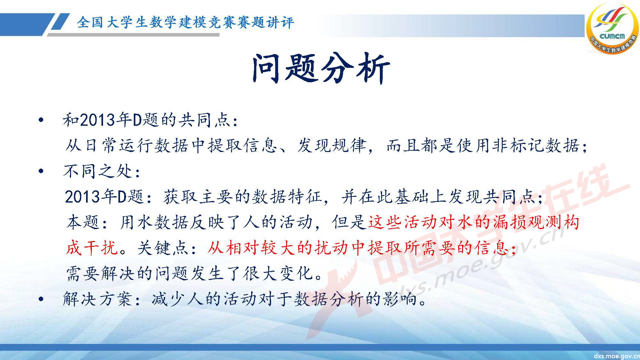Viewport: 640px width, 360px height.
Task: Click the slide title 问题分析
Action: click(321, 68)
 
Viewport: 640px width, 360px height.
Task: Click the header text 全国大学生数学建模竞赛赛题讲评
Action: click(185, 23)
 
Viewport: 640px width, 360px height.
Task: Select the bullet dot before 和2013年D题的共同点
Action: click(41, 121)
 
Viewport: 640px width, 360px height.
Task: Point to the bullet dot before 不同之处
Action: click(41, 172)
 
